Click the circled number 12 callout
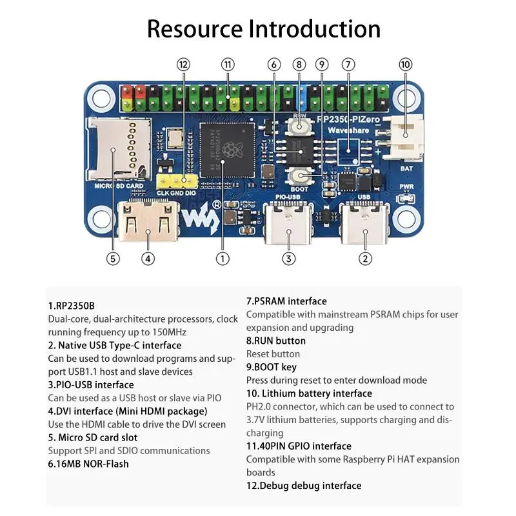[x=184, y=64]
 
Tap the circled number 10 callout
[x=405, y=64]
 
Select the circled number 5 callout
[x=113, y=259]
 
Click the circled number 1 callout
[x=223, y=259]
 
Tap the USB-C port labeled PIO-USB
[x=289, y=224]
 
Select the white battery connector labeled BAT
[x=405, y=138]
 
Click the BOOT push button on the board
[x=299, y=175]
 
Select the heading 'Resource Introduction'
[x=264, y=28]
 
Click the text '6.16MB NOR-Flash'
[x=88, y=464]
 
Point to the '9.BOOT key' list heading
[x=272, y=367]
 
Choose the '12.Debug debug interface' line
[x=304, y=486]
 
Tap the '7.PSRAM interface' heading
[x=286, y=301]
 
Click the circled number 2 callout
[x=366, y=259]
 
